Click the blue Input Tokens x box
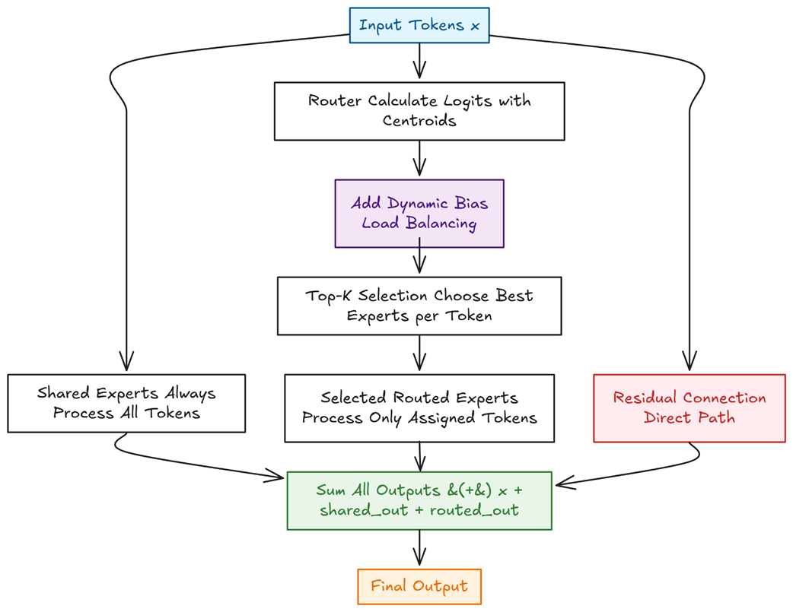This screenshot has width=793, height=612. point(419,25)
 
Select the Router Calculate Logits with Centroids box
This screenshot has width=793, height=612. point(419,111)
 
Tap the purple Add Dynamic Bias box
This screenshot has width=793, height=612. point(419,214)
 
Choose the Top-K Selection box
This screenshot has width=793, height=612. point(419,306)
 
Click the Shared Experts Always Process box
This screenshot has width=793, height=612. point(126,403)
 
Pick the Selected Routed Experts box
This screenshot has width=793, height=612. point(419,408)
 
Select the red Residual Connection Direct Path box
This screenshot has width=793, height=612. point(689,408)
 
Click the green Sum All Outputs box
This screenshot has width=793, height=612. point(419,500)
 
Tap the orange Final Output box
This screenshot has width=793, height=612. point(419,586)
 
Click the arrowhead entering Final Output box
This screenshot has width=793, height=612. point(419,563)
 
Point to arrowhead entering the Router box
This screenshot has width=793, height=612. point(419,75)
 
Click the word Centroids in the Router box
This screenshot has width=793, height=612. point(419,121)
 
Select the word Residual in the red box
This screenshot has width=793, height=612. point(648,398)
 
